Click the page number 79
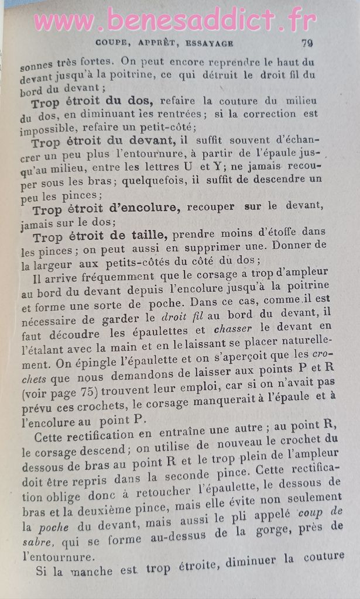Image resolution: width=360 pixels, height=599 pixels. (307, 42)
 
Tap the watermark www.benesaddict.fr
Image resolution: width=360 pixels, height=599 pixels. (174, 20)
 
